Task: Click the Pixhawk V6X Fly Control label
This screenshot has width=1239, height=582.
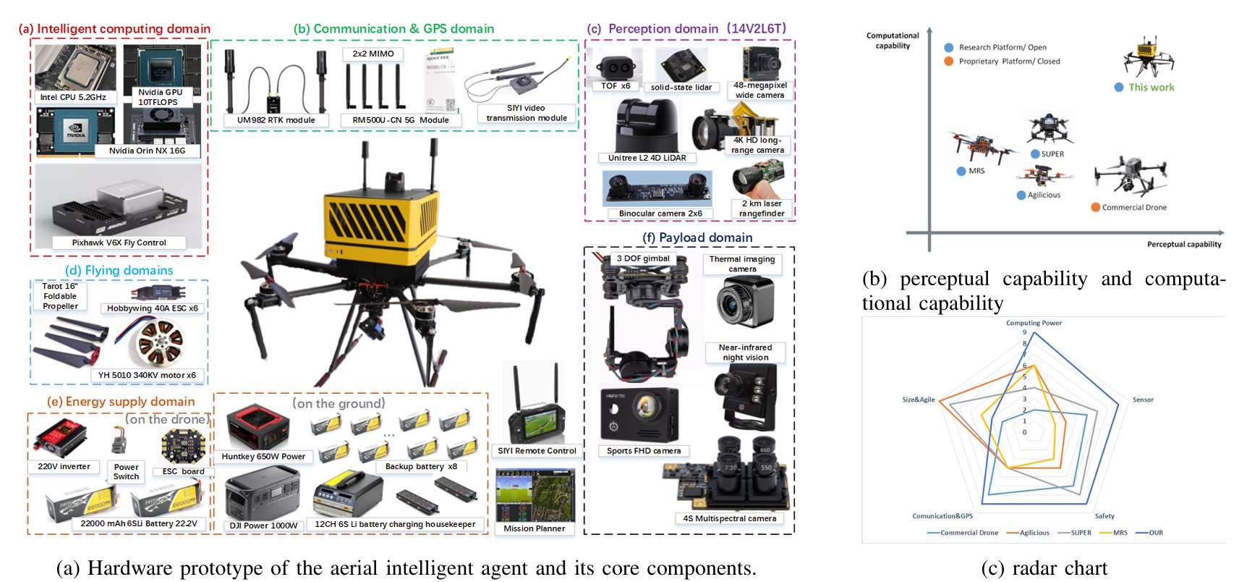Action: point(119,242)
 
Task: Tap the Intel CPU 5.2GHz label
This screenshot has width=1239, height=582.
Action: point(73,97)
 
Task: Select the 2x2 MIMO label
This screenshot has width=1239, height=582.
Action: point(373,54)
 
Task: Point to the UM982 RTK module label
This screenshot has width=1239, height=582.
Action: point(276,119)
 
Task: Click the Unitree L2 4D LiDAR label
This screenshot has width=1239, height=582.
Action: point(647,158)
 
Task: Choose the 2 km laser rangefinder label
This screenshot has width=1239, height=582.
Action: point(762,208)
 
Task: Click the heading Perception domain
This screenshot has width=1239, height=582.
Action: point(663,29)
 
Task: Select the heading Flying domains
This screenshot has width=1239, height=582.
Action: point(119,270)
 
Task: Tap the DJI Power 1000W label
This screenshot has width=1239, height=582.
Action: point(263,526)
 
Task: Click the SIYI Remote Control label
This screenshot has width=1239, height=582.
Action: point(537,451)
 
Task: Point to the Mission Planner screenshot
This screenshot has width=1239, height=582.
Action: point(535,494)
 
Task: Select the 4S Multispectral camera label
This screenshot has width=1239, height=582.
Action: point(730,518)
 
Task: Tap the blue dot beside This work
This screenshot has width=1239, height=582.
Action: point(1119,88)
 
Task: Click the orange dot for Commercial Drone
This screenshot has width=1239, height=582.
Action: point(1095,207)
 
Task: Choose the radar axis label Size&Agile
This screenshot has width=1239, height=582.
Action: point(919,400)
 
